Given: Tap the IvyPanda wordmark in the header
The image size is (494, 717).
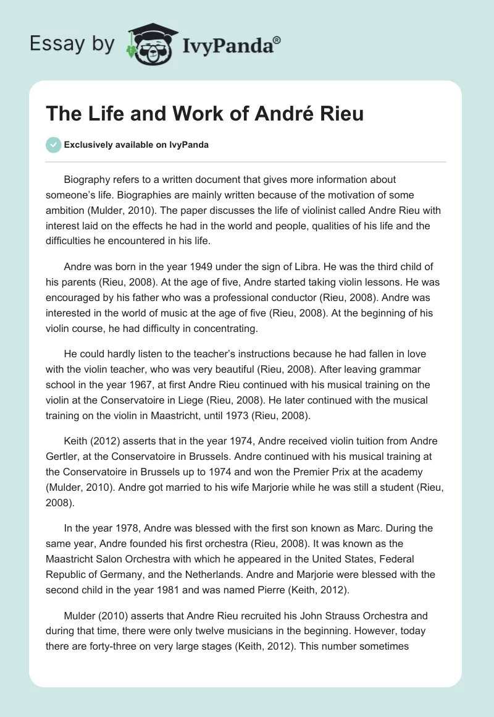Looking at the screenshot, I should click(228, 45).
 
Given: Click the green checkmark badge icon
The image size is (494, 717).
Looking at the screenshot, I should click(53, 145).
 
